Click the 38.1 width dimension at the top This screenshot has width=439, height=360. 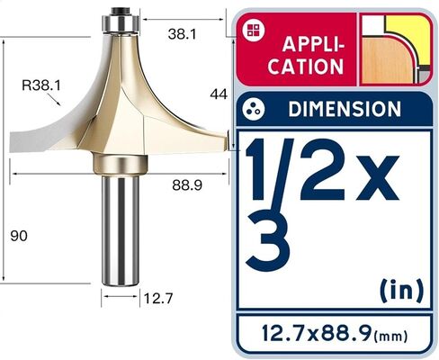coord(182,34)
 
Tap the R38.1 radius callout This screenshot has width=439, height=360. coord(41,85)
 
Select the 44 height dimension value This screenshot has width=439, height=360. coord(219,94)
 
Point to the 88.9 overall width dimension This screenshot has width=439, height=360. coord(187,185)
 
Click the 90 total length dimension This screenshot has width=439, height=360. coord(19,236)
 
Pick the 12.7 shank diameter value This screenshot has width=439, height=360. coord(158,299)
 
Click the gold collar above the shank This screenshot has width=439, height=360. coord(120,165)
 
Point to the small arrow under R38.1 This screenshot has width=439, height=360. coord(54,99)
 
